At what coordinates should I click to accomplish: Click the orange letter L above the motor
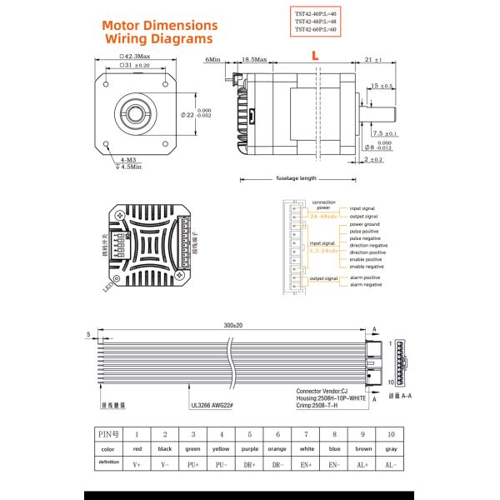point(313,54)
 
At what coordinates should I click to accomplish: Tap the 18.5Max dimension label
point(253,60)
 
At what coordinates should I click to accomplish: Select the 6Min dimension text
point(212,60)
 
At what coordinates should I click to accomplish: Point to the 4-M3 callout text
point(128,159)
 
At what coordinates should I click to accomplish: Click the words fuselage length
point(296,177)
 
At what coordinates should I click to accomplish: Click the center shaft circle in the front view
point(135,111)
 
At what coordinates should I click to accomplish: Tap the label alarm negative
point(366,285)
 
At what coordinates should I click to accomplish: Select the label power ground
point(365,224)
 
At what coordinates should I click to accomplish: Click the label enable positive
point(367,259)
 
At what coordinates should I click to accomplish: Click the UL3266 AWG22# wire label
point(210,406)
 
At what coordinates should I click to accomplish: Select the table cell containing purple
point(248,448)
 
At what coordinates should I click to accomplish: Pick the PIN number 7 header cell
point(305,434)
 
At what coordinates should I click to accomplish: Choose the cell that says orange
point(277,448)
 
